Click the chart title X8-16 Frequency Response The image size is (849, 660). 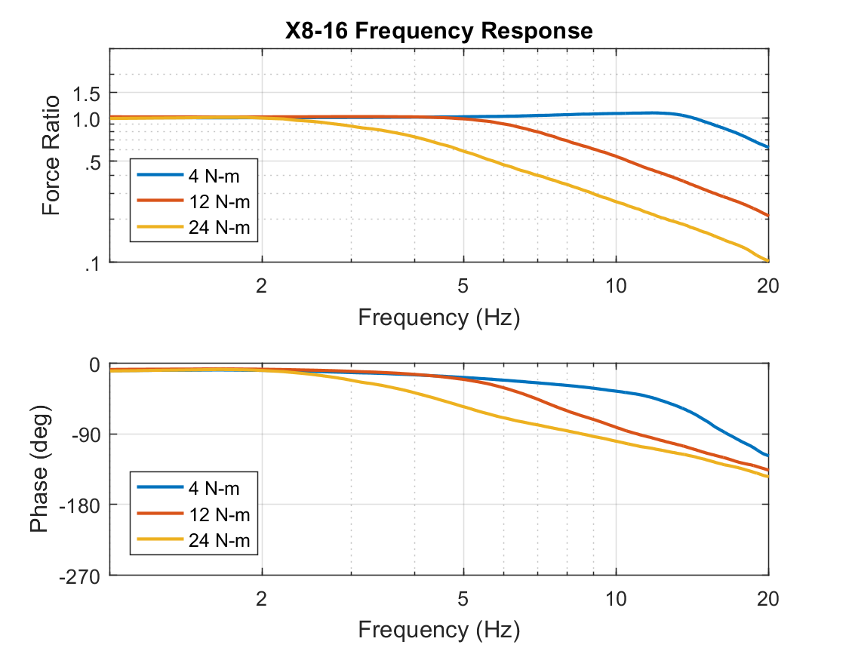pyautogui.click(x=438, y=31)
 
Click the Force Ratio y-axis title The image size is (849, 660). pyautogui.click(x=51, y=155)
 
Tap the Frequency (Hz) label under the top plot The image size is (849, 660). pyautogui.click(x=438, y=317)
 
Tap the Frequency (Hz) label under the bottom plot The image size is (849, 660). pyautogui.click(x=438, y=628)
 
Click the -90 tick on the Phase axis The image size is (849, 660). pyautogui.click(x=85, y=434)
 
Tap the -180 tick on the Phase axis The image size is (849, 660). pyautogui.click(x=81, y=505)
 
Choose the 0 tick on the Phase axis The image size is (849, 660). pyautogui.click(x=94, y=364)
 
